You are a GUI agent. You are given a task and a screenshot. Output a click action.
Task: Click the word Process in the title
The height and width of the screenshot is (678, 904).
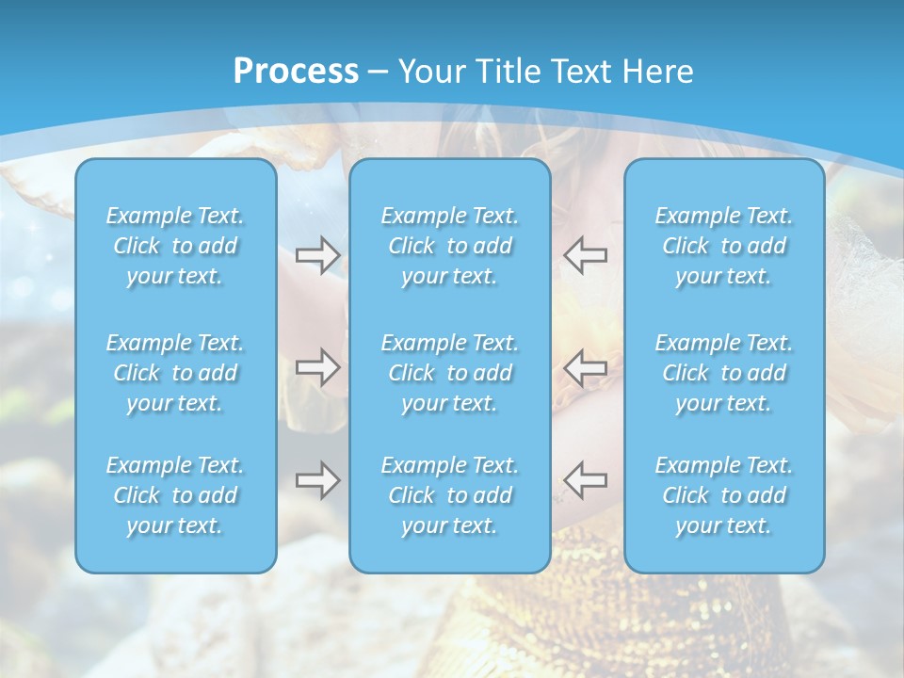click(296, 72)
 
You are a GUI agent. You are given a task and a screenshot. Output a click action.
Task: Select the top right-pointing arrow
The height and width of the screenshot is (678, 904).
click(317, 255)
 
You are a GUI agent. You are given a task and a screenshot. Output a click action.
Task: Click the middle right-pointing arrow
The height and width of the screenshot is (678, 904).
click(317, 367)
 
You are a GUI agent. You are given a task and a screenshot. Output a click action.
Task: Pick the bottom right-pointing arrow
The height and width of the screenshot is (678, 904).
click(317, 479)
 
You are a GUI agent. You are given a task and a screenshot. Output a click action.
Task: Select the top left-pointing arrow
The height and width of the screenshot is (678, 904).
click(586, 255)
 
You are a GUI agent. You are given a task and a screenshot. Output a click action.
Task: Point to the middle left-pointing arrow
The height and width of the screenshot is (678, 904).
click(586, 367)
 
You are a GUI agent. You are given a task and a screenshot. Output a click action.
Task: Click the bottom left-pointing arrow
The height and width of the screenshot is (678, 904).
click(586, 479)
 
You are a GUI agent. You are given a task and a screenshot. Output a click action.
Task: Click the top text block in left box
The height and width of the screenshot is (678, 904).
click(175, 246)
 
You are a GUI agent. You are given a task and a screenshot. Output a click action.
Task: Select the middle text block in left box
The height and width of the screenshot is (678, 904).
click(175, 373)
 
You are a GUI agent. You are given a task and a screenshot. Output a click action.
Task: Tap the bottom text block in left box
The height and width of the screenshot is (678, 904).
click(175, 495)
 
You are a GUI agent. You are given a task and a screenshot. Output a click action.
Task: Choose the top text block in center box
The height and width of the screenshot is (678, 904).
click(450, 246)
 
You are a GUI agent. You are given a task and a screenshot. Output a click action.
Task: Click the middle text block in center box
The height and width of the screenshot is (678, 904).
click(450, 373)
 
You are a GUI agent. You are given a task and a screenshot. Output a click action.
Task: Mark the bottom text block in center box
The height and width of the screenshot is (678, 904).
click(450, 495)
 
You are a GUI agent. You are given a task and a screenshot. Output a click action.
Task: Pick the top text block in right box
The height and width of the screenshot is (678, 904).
click(724, 246)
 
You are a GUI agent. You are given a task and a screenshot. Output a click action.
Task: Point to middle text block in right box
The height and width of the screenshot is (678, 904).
click(724, 373)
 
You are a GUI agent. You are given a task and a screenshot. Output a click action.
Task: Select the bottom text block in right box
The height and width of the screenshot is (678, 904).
click(724, 495)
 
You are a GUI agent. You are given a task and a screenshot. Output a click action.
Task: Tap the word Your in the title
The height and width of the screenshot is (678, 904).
click(430, 72)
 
